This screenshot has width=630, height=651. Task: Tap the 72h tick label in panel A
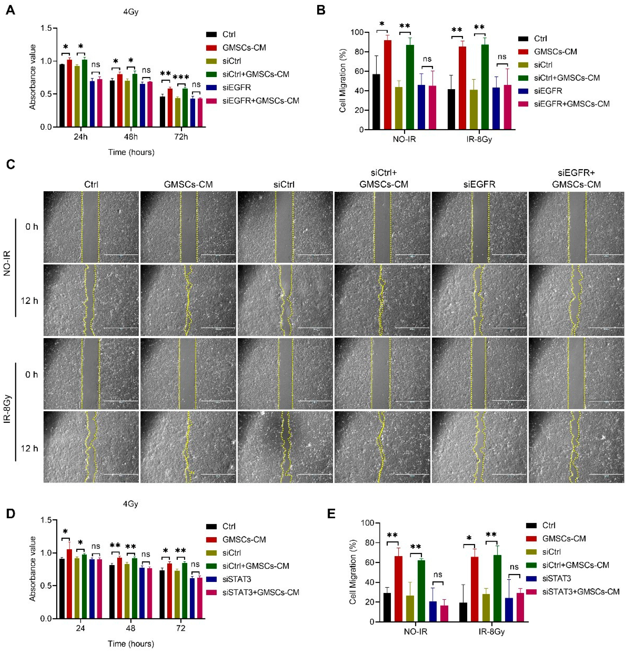click(181, 137)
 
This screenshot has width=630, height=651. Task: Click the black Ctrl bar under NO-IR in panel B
click(376, 102)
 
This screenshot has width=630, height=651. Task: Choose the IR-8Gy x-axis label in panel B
click(479, 139)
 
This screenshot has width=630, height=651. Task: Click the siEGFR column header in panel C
click(479, 184)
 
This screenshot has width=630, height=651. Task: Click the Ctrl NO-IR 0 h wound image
click(91, 227)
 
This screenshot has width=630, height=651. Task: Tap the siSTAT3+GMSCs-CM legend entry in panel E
click(580, 592)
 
